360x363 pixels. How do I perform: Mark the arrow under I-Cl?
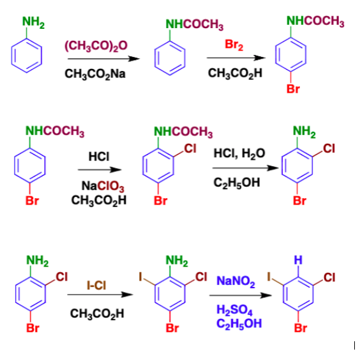click(x=101, y=295)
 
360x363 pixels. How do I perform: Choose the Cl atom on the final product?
click(x=329, y=277)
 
